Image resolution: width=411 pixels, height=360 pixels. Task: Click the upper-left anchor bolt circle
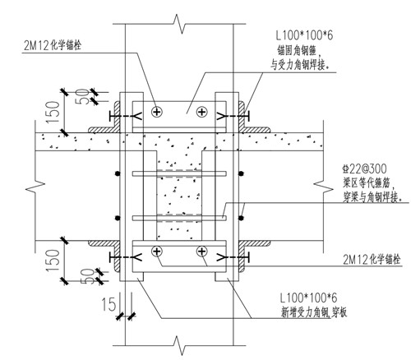(x=157, y=112)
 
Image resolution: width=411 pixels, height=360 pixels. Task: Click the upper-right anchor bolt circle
(x=202, y=112)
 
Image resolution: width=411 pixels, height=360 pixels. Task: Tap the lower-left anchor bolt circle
(x=157, y=251)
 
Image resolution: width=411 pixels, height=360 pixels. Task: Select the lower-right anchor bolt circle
(x=202, y=251)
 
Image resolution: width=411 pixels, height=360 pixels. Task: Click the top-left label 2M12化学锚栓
(x=53, y=45)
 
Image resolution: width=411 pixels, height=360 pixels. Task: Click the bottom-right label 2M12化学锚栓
(x=372, y=259)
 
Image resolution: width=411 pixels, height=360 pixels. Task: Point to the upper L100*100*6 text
(x=304, y=35)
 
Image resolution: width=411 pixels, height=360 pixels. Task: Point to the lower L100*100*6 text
(x=308, y=298)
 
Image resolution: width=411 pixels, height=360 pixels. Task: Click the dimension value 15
(x=109, y=304)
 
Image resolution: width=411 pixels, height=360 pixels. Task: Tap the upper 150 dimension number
(x=53, y=112)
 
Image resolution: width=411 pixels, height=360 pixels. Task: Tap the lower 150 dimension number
(x=53, y=260)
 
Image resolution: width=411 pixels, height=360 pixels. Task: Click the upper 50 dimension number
(x=82, y=96)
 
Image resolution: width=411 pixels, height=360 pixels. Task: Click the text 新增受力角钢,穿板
(x=314, y=312)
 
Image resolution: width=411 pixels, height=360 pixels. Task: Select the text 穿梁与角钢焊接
(x=372, y=196)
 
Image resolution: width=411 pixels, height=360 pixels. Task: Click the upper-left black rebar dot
(x=118, y=173)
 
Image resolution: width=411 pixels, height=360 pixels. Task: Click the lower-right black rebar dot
(x=241, y=218)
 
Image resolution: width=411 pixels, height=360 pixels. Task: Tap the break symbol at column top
(x=179, y=24)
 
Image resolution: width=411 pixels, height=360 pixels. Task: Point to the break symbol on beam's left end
(x=35, y=188)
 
